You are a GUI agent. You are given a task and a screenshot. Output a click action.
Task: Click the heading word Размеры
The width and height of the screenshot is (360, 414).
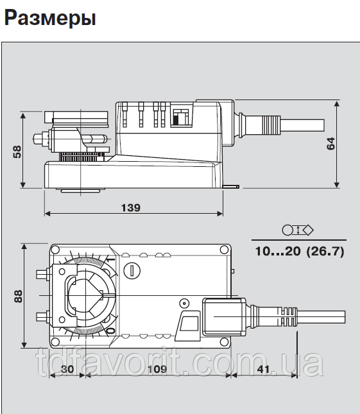click(x=50, y=18)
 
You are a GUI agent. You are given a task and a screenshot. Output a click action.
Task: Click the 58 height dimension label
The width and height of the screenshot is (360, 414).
click(x=17, y=152)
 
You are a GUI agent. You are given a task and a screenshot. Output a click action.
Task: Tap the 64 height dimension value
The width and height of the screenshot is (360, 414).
click(x=330, y=144)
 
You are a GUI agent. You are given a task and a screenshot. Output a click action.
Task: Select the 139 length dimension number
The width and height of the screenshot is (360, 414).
click(x=131, y=208)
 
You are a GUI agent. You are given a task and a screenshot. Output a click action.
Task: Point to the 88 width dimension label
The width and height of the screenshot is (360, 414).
click(x=18, y=297)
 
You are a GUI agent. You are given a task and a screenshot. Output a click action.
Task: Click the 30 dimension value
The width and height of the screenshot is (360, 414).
click(x=67, y=369)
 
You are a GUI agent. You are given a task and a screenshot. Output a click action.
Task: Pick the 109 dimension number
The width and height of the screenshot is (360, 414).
click(x=157, y=369)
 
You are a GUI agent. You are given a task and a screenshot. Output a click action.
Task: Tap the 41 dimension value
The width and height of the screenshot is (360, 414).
click(x=263, y=369)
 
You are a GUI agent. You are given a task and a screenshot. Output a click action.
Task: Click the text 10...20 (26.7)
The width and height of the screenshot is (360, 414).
click(x=300, y=251)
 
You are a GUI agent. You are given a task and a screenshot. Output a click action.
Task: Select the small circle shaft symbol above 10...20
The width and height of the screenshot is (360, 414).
click(x=287, y=230)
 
